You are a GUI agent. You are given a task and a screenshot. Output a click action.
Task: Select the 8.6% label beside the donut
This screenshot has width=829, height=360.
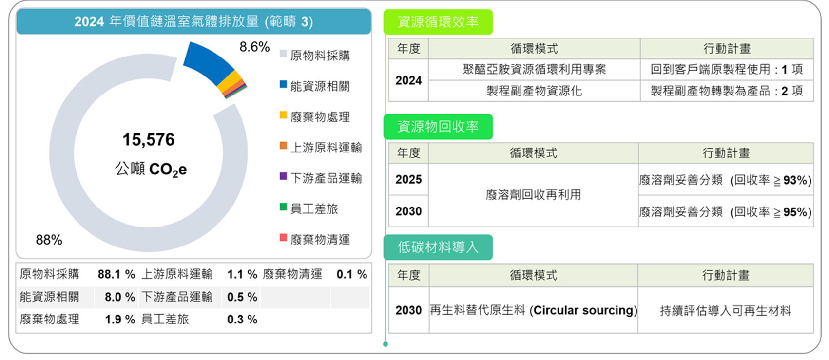click(x=254, y=47)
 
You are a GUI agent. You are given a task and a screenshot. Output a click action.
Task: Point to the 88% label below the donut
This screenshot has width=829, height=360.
click(x=49, y=240)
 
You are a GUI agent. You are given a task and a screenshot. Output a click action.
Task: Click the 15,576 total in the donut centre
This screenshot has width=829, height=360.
click(x=149, y=139)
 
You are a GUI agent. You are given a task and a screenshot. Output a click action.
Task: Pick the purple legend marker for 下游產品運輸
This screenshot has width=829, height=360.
click(x=283, y=176)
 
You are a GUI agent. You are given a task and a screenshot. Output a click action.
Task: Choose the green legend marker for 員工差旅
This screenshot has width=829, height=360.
click(x=283, y=207)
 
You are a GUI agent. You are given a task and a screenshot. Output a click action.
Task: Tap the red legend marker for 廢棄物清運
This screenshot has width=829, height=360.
click(x=283, y=237)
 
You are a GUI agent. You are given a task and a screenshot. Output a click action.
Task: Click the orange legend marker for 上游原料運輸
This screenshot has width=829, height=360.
click(x=283, y=145)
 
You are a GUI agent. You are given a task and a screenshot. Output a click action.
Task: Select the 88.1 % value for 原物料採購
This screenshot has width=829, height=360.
click(x=116, y=275)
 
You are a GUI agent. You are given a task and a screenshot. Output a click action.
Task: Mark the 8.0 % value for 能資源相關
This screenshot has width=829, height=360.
click(x=119, y=297)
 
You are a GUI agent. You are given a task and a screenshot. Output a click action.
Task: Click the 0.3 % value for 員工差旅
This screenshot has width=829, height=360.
click(x=242, y=320)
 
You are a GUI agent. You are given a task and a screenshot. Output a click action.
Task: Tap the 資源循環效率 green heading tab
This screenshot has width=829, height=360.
click(x=438, y=22)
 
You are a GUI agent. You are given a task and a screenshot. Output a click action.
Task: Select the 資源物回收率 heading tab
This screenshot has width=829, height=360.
click(x=438, y=127)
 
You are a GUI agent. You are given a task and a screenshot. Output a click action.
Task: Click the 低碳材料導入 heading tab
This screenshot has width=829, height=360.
click(x=438, y=247)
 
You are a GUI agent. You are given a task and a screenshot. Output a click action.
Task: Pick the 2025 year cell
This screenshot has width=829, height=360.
click(x=408, y=179)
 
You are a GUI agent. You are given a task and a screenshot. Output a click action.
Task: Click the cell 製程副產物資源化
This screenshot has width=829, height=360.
click(x=534, y=91)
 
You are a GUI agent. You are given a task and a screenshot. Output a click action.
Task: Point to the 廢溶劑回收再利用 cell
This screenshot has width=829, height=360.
click(x=533, y=195)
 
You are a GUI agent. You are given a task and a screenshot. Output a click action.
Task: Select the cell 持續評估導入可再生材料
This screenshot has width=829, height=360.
click(x=725, y=310)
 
